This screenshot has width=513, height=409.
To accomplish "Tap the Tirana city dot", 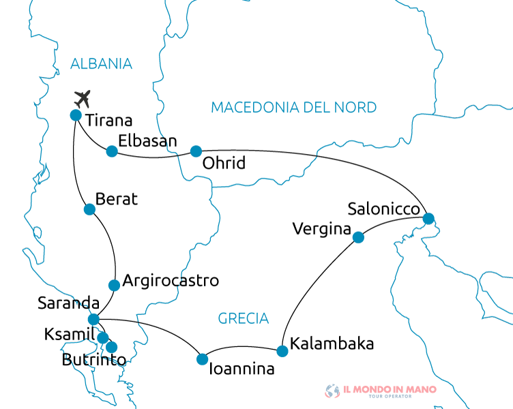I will pyautogui.click(x=76, y=115).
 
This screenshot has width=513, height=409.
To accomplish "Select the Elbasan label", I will pyautogui.click(x=147, y=141).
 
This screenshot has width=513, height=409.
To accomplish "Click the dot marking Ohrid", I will pyautogui.click(x=196, y=151).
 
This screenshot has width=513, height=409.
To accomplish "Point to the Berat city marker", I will pyautogui.click(x=89, y=209).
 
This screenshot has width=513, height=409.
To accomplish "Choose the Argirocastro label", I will pyautogui.click(x=171, y=281).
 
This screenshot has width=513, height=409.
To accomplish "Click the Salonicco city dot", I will pyautogui.click(x=428, y=219).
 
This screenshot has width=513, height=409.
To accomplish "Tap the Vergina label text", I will pyautogui.click(x=321, y=229).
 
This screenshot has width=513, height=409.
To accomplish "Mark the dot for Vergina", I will pyautogui.click(x=358, y=238).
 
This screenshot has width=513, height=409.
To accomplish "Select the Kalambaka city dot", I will pyautogui.click(x=282, y=352).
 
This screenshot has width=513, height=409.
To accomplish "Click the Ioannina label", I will pyautogui.click(x=241, y=370).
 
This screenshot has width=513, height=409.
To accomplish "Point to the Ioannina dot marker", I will pyautogui.click(x=202, y=359).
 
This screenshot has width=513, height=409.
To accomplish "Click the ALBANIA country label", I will pyautogui.click(x=101, y=64).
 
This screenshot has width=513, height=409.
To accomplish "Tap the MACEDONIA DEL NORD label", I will pyautogui.click(x=293, y=107).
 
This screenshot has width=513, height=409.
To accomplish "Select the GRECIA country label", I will pyautogui.click(x=244, y=318).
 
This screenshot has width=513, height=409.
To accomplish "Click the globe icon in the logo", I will pyautogui.click(x=332, y=391).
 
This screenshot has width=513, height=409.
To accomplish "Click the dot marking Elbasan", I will pyautogui.click(x=112, y=151).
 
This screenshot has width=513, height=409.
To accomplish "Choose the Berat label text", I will pyautogui.click(x=117, y=199).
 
